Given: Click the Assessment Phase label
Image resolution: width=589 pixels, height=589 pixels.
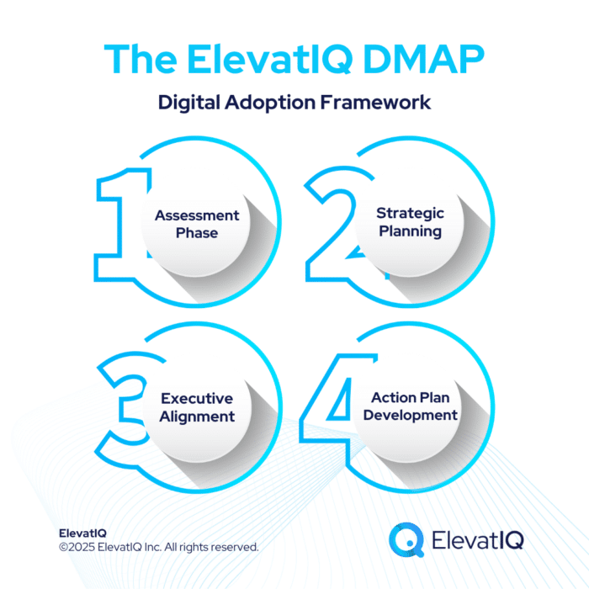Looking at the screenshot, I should (197, 224).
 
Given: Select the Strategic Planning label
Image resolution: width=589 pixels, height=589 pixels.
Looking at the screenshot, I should (410, 222).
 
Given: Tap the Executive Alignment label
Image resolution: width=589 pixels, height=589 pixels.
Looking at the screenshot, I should (197, 407).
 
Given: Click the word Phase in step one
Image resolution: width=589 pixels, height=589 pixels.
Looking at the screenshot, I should (197, 233).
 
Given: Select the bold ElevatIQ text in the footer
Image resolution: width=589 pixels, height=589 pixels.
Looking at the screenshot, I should (83, 533).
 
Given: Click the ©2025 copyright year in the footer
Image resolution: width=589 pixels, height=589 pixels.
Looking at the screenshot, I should (77, 547).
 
